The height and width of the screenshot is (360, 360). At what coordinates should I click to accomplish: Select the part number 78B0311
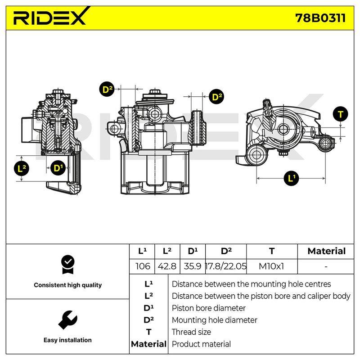(x=320, y=18)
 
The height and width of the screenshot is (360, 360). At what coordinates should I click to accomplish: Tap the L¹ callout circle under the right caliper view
(x=291, y=178)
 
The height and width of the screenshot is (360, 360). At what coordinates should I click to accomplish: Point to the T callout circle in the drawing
(x=341, y=114)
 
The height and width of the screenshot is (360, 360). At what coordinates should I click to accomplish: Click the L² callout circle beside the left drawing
(x=22, y=169)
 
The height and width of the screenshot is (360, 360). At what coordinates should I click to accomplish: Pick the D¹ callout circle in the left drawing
(x=58, y=168)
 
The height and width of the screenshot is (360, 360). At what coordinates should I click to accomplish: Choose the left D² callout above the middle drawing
(x=107, y=89)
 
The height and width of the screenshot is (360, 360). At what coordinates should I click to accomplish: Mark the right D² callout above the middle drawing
(x=216, y=97)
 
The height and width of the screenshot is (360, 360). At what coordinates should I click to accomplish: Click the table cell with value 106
(x=143, y=266)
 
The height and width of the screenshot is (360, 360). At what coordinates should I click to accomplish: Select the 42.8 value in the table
(x=167, y=266)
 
